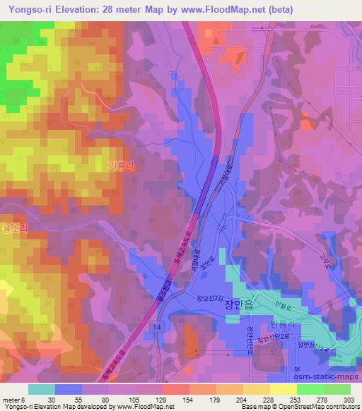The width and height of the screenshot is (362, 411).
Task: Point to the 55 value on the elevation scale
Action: coord(69,399)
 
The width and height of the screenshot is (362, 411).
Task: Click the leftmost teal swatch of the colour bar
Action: coord(41,389)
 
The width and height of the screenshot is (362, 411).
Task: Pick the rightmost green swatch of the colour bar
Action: coord(337,389)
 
